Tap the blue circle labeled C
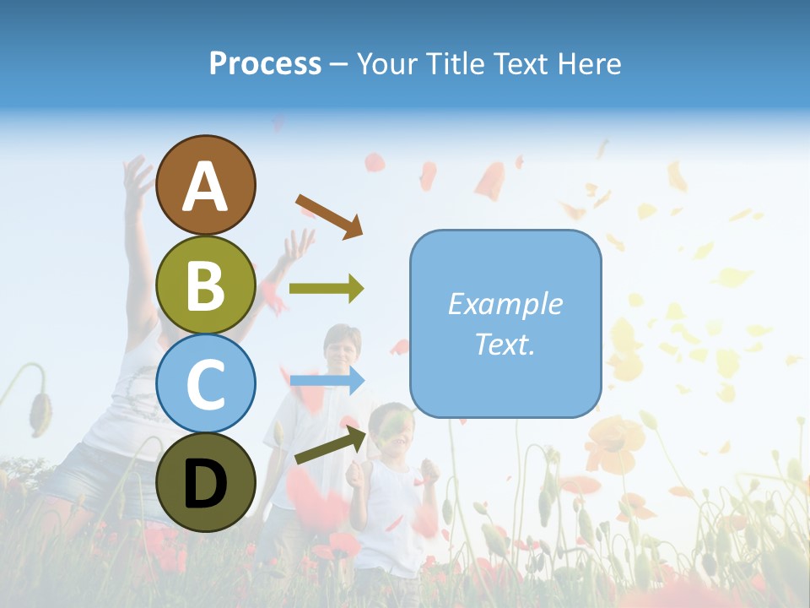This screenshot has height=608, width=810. click(x=205, y=383)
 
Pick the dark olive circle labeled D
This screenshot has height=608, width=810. click(x=205, y=482)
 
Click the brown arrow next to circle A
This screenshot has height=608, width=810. click(x=329, y=215)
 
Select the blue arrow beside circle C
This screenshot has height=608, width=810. click(x=327, y=381)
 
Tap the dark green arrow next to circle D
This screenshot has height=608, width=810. click(x=331, y=445)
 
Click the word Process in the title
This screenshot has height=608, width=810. click(x=265, y=63)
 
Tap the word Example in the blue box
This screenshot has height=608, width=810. click(x=505, y=304)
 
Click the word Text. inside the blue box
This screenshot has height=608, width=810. click(x=505, y=344)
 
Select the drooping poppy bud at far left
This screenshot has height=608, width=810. click(x=38, y=410)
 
